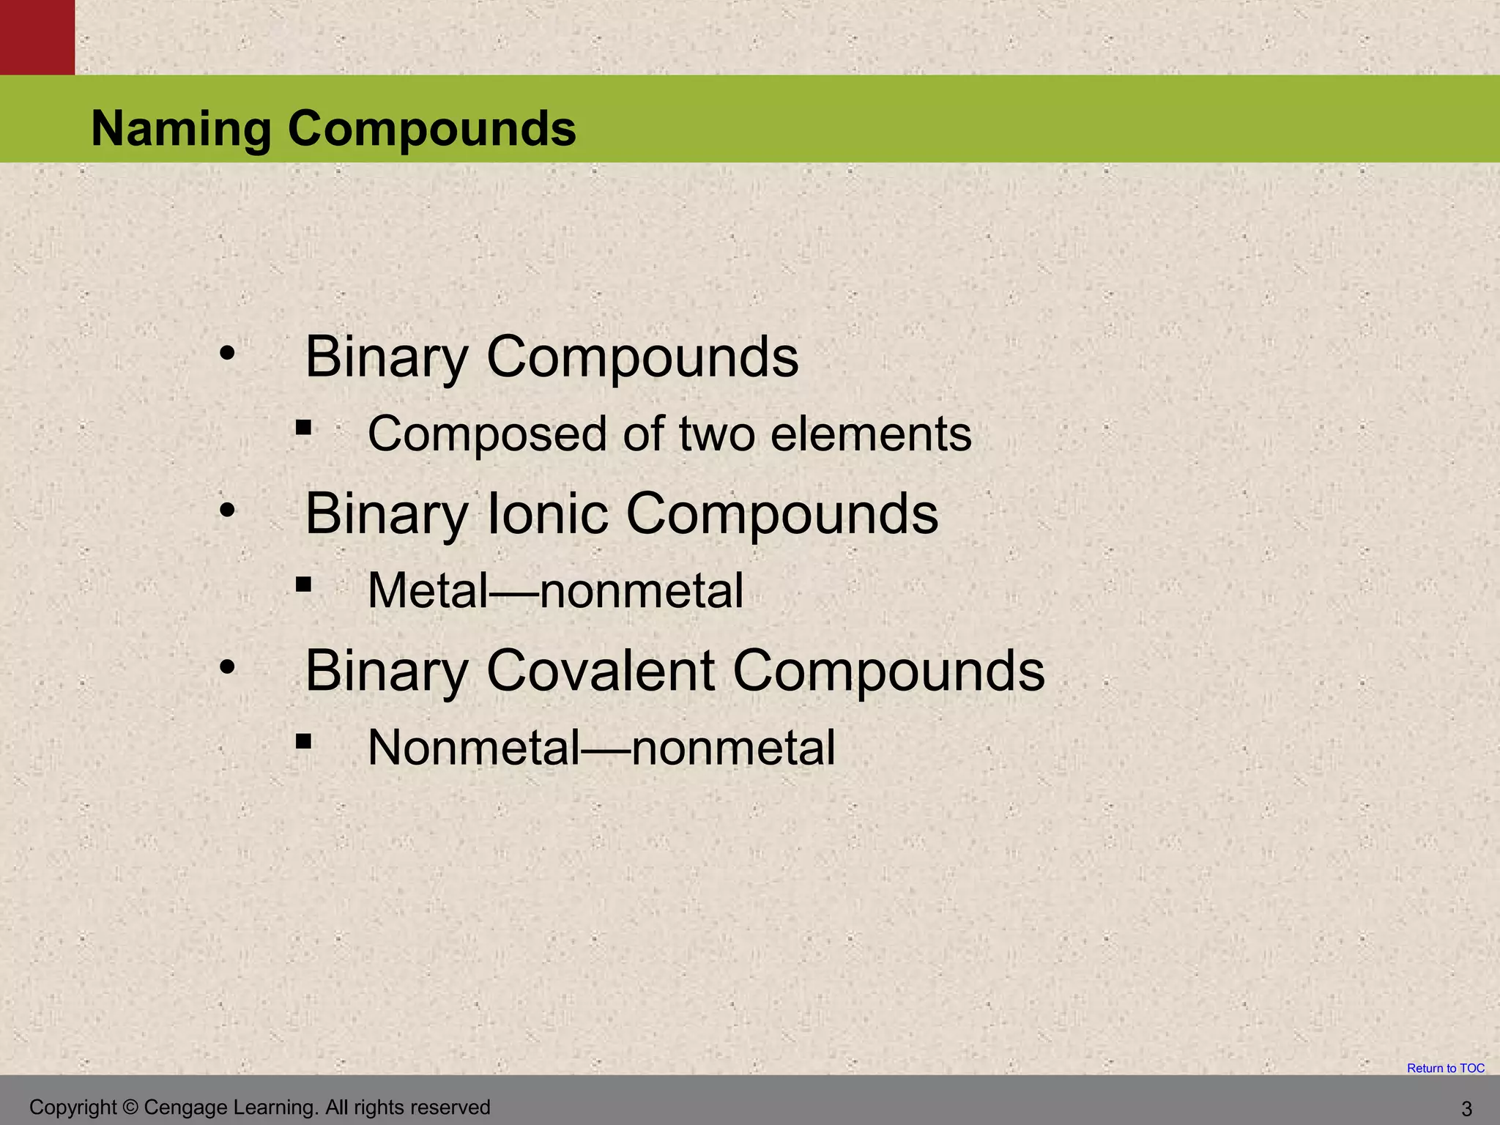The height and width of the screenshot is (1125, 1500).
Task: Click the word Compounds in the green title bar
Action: (x=431, y=129)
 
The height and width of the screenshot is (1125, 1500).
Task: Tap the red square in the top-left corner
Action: (x=37, y=37)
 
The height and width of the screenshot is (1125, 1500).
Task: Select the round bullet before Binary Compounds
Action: (x=227, y=354)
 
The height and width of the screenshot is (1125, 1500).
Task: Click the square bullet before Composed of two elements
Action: (x=303, y=428)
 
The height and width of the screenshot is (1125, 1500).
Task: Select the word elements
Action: (x=871, y=434)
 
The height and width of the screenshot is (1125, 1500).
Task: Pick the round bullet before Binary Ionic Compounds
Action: (x=227, y=510)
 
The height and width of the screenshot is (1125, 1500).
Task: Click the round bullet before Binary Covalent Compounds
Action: (x=227, y=667)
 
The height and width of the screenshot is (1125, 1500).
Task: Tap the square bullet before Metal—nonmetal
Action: (x=303, y=585)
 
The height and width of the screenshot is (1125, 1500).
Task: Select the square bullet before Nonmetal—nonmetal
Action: (x=303, y=742)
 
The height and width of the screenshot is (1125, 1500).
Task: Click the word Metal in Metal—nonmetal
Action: (x=428, y=590)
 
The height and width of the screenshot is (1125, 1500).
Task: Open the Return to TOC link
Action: (x=1445, y=1069)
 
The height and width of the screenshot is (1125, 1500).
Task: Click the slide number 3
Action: (x=1466, y=1109)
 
